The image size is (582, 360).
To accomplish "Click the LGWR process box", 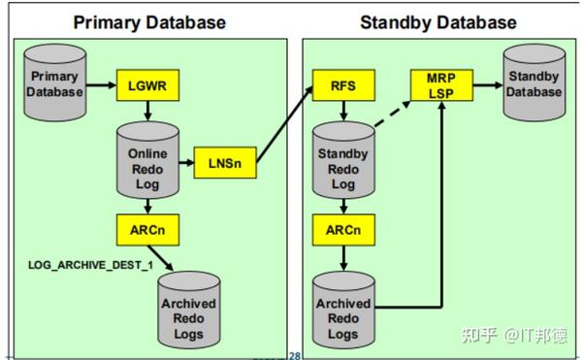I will [x=145, y=84].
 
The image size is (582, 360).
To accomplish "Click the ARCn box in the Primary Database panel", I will [x=145, y=231].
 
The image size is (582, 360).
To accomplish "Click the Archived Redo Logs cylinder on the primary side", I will [x=188, y=310].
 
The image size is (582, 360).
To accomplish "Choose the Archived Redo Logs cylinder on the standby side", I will [x=343, y=310].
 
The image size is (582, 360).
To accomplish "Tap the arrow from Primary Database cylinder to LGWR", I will [x=100, y=84].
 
